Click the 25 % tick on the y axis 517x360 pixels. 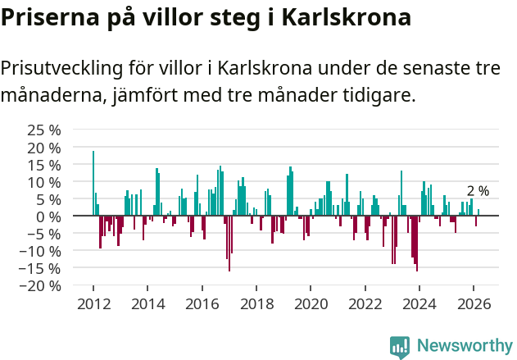point(44,130)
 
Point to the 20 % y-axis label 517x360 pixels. point(44,148)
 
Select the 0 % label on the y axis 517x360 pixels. point(48,216)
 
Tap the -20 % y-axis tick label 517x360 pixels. point(41,285)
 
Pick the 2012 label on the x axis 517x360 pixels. point(93,303)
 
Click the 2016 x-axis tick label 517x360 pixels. point(202,303)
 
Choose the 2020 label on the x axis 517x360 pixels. point(311,303)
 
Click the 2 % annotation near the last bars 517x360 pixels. point(478,191)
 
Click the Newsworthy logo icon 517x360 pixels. point(400,346)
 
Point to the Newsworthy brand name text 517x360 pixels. point(464,346)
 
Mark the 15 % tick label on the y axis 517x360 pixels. point(44,165)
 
